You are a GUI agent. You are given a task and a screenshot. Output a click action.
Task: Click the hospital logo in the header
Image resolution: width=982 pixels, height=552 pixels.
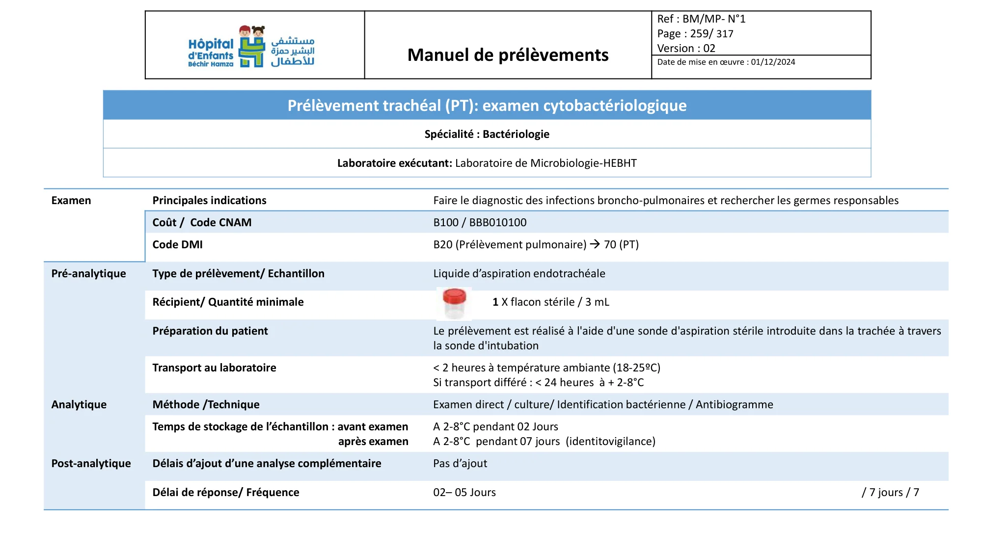(251, 47)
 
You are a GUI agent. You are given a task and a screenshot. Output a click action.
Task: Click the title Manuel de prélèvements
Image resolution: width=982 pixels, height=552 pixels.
(508, 55)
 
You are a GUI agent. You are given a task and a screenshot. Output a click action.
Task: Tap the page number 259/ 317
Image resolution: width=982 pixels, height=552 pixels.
(711, 34)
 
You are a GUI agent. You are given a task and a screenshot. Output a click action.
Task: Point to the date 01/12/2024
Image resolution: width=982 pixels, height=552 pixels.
(773, 62)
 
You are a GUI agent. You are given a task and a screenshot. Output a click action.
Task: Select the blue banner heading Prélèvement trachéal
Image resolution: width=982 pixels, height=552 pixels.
(487, 105)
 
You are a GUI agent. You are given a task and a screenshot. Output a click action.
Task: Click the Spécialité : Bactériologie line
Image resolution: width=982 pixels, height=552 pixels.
(487, 134)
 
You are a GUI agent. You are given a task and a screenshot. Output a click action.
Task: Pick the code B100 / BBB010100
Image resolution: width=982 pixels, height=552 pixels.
(480, 223)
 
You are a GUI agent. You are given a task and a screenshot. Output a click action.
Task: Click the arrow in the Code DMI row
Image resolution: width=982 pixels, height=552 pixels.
(595, 244)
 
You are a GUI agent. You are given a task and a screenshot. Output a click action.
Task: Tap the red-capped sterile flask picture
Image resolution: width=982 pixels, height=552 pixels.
(454, 304)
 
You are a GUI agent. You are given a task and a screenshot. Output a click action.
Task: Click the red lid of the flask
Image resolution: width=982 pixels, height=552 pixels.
(454, 295)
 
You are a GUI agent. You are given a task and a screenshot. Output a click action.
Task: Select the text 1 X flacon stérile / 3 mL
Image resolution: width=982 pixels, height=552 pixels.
(550, 302)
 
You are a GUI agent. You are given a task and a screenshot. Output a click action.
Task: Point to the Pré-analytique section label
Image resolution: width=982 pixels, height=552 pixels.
(88, 274)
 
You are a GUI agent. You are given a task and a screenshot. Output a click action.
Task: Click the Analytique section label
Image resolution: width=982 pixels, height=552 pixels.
(79, 405)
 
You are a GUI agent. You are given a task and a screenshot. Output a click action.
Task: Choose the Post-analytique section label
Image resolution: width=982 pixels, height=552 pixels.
(91, 464)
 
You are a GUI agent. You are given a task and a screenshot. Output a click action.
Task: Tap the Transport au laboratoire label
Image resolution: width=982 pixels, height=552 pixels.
(214, 368)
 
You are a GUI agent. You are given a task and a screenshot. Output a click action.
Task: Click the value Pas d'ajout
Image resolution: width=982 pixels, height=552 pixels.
(460, 464)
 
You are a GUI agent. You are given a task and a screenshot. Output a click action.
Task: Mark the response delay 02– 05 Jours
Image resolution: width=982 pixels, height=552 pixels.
(464, 493)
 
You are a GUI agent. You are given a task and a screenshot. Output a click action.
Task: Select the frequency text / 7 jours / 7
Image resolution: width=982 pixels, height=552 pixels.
(890, 493)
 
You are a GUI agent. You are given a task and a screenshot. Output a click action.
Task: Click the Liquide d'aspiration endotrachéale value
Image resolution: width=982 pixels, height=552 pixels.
(519, 274)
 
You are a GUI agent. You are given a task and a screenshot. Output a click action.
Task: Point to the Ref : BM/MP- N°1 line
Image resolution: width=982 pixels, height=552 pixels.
(701, 19)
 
